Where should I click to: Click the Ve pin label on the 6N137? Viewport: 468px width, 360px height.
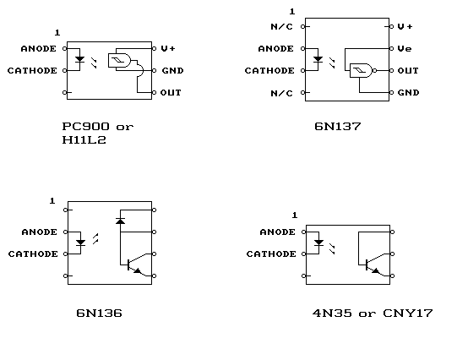tap(405, 49)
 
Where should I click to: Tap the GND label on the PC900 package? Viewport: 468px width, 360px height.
tap(173, 71)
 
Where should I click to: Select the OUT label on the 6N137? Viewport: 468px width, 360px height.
tap(408, 71)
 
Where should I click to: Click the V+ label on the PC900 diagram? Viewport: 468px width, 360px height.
tap(168, 48)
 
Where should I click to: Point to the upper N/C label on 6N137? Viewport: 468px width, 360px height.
tap(282, 27)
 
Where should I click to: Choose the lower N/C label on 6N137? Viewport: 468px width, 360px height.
tap(282, 94)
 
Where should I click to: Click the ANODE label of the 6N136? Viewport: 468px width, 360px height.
tap(40, 232)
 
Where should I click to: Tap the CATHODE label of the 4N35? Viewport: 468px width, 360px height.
tap(271, 254)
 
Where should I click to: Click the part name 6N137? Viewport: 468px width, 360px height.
tap(338, 127)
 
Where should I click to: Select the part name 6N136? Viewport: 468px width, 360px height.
tap(100, 314)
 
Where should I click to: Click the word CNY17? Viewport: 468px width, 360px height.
tap(408, 314)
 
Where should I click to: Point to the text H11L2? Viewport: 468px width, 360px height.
tap(84, 139)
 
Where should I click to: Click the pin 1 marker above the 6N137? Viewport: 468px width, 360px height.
tap(292, 12)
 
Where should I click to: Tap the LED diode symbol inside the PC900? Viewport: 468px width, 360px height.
tap(79, 59)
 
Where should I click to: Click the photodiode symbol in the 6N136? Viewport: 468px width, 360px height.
tap(120, 221)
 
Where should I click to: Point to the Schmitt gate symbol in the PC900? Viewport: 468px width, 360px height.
tap(119, 60)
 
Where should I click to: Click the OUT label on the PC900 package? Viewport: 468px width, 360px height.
tap(171, 93)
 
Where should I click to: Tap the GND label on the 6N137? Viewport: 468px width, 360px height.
tap(408, 93)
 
